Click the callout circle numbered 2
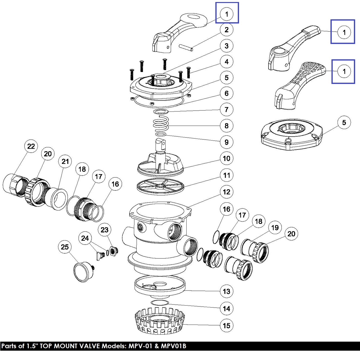pyautogui.click(x=227, y=30)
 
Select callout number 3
pyautogui.click(x=227, y=46)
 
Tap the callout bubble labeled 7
pyautogui.click(x=227, y=109)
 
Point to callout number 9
pyautogui.click(x=227, y=142)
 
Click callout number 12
pyautogui.click(x=227, y=192)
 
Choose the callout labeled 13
pyautogui.click(x=227, y=291)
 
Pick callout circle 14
pyautogui.click(x=227, y=309)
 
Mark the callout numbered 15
pyautogui.click(x=227, y=326)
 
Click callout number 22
pyautogui.click(x=31, y=146)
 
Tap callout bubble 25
pyautogui.click(x=65, y=247)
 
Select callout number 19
pyautogui.click(x=275, y=228)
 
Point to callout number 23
pyautogui.click(x=105, y=230)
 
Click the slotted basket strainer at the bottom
pyautogui.click(x=160, y=321)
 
